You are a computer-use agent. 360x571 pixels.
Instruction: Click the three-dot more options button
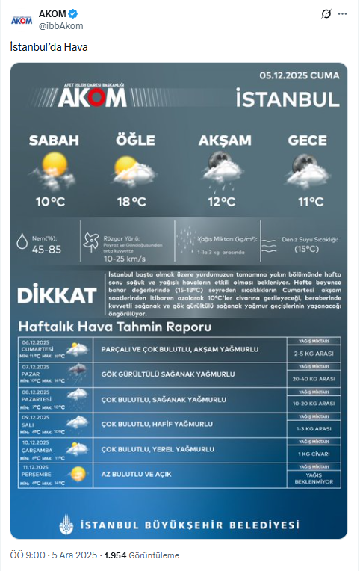tap(342, 14)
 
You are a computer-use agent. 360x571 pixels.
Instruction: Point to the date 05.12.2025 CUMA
tap(300, 76)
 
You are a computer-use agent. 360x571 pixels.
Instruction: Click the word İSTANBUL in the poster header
tap(287, 98)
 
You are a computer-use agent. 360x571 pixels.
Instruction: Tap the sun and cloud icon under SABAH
tap(54, 170)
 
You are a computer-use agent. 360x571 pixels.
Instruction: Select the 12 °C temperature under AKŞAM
tap(221, 201)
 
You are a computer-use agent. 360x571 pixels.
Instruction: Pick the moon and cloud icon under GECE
tap(308, 170)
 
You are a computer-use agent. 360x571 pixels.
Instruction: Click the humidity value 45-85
tap(47, 249)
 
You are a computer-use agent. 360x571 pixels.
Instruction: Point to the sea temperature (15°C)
tap(306, 249)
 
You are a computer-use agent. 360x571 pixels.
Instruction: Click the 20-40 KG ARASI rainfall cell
tap(314, 379)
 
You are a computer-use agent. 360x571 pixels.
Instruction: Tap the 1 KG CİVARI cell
tap(314, 454)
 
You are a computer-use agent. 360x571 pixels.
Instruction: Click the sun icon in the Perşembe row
tap(76, 473)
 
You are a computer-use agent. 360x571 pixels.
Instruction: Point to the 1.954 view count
tap(114, 555)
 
